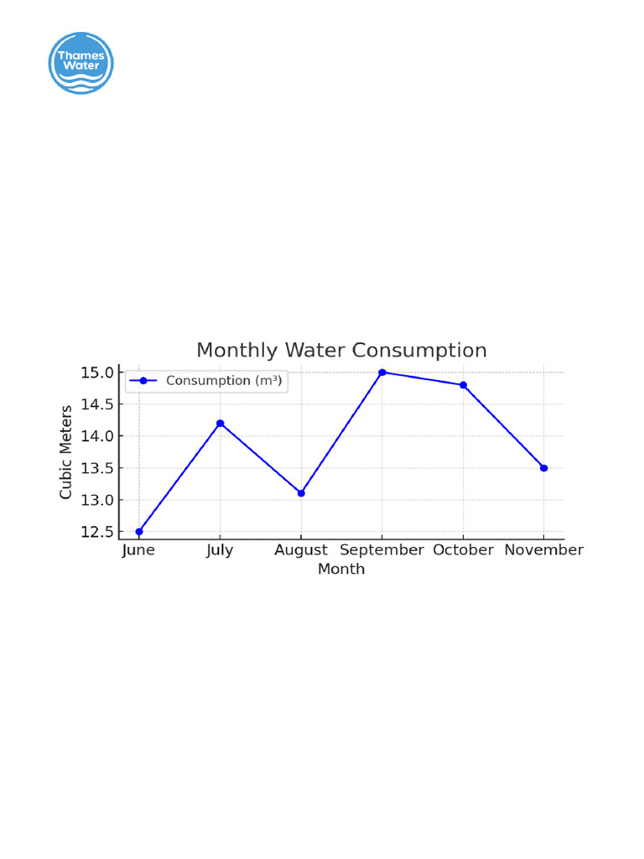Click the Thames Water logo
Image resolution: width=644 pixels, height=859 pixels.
point(81,63)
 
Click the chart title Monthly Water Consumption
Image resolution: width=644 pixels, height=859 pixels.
point(341,350)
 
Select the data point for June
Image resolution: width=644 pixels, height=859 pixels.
point(139,532)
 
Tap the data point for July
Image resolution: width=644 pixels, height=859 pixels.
point(220,423)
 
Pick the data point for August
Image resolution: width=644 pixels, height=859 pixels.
point(301,493)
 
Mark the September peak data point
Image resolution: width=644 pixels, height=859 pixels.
point(382,372)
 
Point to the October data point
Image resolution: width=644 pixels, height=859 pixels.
point(463,385)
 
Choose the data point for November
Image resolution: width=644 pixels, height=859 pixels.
point(544,468)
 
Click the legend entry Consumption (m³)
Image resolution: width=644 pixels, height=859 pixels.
point(206,381)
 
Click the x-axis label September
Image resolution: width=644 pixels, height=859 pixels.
point(382,550)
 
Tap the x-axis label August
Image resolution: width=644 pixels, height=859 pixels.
point(301,550)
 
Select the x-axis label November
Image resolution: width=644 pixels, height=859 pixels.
point(544,550)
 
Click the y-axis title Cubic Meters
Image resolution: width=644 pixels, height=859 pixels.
point(66,451)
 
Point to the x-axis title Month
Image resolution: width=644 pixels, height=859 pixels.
point(341,570)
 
